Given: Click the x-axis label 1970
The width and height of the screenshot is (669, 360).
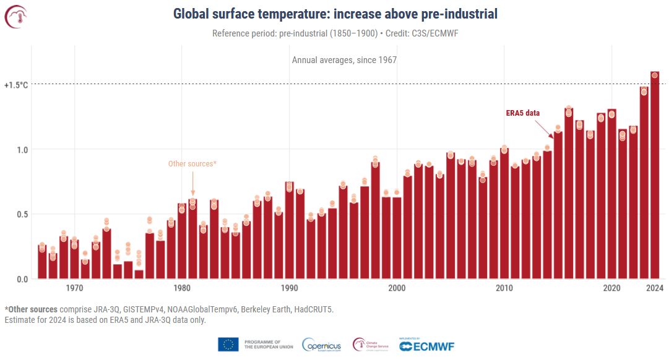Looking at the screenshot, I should (74, 288).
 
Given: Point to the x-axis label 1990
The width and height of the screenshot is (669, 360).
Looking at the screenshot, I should (289, 288).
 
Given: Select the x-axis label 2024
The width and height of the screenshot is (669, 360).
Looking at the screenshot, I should (655, 288).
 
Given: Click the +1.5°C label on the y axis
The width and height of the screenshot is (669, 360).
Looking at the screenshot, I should (16, 84).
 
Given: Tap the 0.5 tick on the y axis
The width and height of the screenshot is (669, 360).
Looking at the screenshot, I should (22, 214).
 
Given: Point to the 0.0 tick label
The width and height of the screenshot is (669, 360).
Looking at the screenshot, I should (22, 279).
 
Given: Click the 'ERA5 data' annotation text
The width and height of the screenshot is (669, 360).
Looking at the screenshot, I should (523, 113).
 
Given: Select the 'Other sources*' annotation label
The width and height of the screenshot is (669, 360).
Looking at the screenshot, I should (192, 164).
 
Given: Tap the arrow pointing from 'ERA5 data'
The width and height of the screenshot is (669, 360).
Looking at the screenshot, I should (545, 128).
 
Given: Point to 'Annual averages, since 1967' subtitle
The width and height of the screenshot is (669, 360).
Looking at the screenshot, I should (344, 60).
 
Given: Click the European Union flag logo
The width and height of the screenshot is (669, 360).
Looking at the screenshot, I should (228, 345).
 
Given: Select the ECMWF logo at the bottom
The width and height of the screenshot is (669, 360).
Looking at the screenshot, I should (426, 345).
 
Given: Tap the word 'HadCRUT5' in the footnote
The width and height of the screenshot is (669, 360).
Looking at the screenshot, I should (315, 309).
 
